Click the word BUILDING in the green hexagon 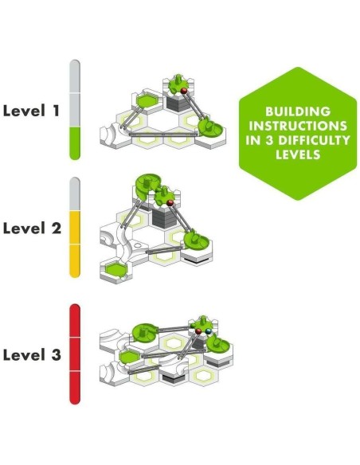[x=298, y=111]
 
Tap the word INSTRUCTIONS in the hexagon [x=298, y=126]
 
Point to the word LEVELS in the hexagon [x=298, y=154]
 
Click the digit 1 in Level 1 [x=56, y=111]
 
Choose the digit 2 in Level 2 [x=56, y=228]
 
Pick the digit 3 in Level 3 [x=56, y=354]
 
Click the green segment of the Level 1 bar [x=75, y=143]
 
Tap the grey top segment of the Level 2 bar [x=75, y=194]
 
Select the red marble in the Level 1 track [x=184, y=91]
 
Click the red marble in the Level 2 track [x=170, y=203]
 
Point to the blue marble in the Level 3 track [x=209, y=331]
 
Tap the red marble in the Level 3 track [x=198, y=331]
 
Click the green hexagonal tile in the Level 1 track [x=147, y=100]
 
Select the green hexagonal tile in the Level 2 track [x=116, y=270]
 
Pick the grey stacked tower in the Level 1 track [x=178, y=104]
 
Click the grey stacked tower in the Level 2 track [x=164, y=217]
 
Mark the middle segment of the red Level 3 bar [x=75, y=354]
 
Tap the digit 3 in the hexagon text [x=269, y=140]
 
